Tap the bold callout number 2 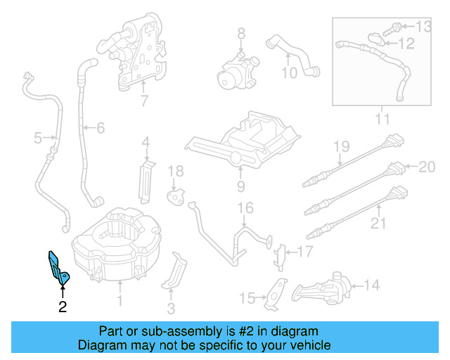point(62,307)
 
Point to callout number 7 point(144,101)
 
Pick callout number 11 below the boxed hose point(381,119)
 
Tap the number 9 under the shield point(240,186)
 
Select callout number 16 point(244,208)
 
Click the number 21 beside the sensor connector point(380,224)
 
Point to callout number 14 point(371,285)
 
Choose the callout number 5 point(39,137)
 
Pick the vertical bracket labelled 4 point(146,179)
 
